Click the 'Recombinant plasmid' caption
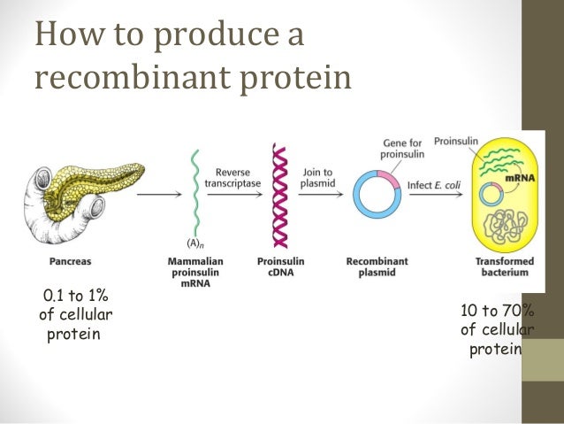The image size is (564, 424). (x=378, y=267)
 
